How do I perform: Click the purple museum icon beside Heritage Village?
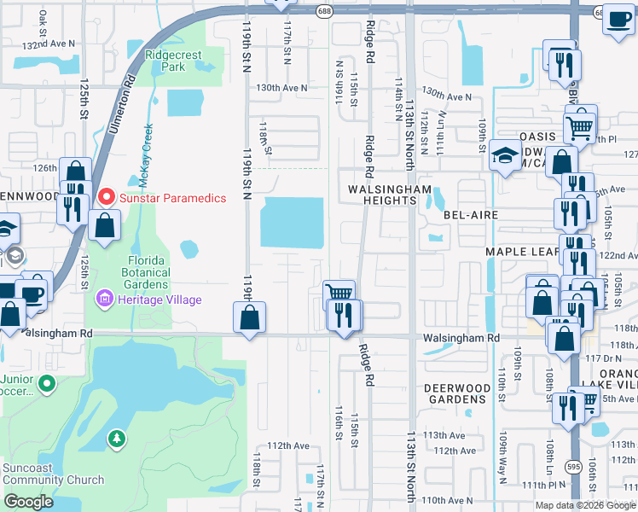104,300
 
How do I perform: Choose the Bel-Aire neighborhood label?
470,216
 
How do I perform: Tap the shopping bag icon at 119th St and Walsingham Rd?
249,318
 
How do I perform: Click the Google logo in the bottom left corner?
28,502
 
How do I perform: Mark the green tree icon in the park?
116,439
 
